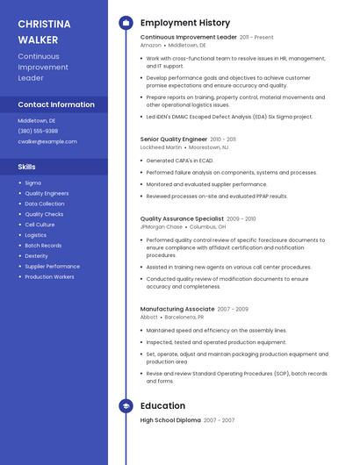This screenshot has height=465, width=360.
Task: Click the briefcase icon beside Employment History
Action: (x=126, y=23)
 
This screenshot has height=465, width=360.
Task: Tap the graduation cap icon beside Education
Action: (x=126, y=406)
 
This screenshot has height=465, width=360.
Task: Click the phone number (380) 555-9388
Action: (x=38, y=131)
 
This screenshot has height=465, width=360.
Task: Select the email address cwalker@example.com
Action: (x=47, y=141)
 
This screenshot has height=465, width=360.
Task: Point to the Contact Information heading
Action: (x=56, y=104)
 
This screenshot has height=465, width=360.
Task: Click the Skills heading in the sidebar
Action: (x=27, y=167)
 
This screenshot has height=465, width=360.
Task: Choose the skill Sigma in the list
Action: (x=32, y=183)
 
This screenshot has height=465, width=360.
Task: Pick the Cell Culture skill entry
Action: (x=40, y=225)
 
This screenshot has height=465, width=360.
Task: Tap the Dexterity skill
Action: (x=36, y=255)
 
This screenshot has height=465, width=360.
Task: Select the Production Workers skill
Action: (x=49, y=276)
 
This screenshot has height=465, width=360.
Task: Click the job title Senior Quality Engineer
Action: (x=174, y=139)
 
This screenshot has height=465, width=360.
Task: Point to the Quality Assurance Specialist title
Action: (x=182, y=218)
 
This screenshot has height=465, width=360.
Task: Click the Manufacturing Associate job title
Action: (x=177, y=309)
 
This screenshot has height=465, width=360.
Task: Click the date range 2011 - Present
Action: (x=256, y=38)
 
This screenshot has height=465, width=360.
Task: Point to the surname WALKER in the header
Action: (x=38, y=39)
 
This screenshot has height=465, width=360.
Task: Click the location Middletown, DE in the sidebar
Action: (x=37, y=120)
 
